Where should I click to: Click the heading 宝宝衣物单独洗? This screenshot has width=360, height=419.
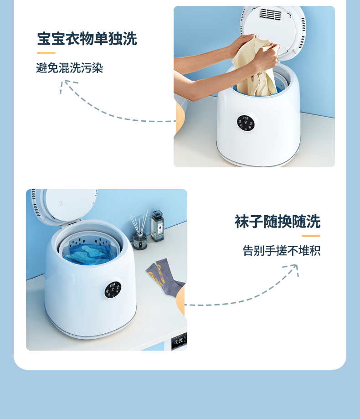click(x=87, y=39)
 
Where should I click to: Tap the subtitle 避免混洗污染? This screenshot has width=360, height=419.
click(x=69, y=68)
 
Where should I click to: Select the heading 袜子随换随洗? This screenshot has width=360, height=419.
click(x=278, y=222)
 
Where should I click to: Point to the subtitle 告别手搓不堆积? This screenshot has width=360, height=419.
click(x=282, y=251)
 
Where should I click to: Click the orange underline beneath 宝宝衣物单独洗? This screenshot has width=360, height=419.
click(x=46, y=53)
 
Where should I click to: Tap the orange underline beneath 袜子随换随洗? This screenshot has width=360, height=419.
click(x=311, y=236)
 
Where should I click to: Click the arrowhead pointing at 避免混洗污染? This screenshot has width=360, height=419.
click(x=67, y=85)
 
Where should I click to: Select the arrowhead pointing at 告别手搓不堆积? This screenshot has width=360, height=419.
click(x=293, y=269)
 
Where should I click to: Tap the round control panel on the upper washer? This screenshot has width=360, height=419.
click(x=246, y=123)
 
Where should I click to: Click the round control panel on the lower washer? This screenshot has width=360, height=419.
click(x=113, y=290)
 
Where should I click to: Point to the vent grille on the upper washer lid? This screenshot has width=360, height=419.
click(x=271, y=14)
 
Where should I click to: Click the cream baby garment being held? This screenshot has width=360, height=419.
click(x=255, y=67)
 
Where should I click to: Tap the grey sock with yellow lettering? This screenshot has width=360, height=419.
click(x=165, y=276)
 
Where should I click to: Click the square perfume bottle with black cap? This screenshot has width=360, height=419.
click(x=158, y=226)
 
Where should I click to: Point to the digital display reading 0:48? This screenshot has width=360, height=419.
click(x=179, y=341)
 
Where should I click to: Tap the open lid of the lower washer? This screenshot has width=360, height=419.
click(x=64, y=205)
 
